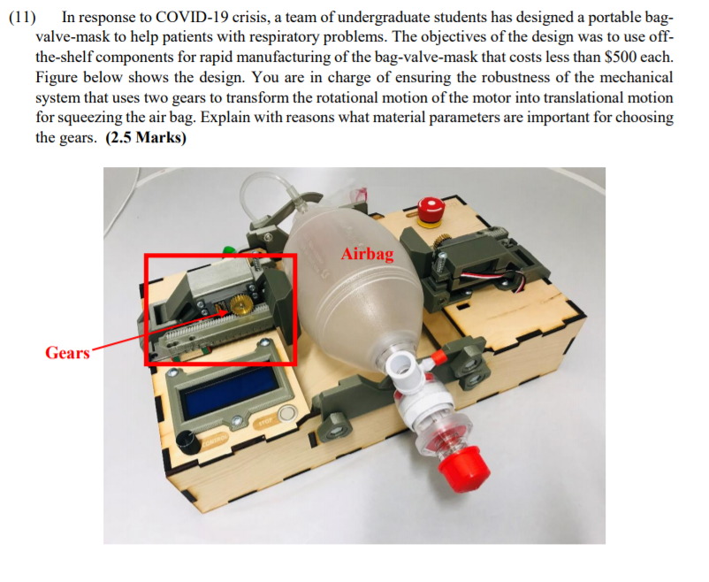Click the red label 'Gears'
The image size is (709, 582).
(67, 353)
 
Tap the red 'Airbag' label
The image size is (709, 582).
(367, 255)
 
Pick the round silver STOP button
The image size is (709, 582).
(286, 414)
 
